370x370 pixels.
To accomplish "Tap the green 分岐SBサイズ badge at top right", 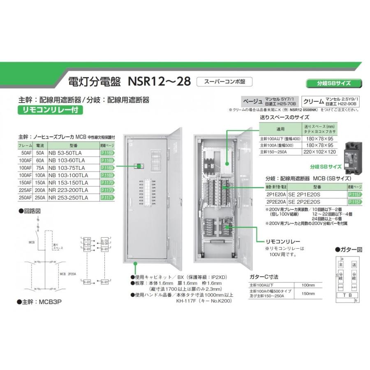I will (334, 83).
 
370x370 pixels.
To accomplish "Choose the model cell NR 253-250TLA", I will (68, 198).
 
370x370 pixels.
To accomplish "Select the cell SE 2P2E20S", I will (305, 202).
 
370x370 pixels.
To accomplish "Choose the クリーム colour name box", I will (313, 101).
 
